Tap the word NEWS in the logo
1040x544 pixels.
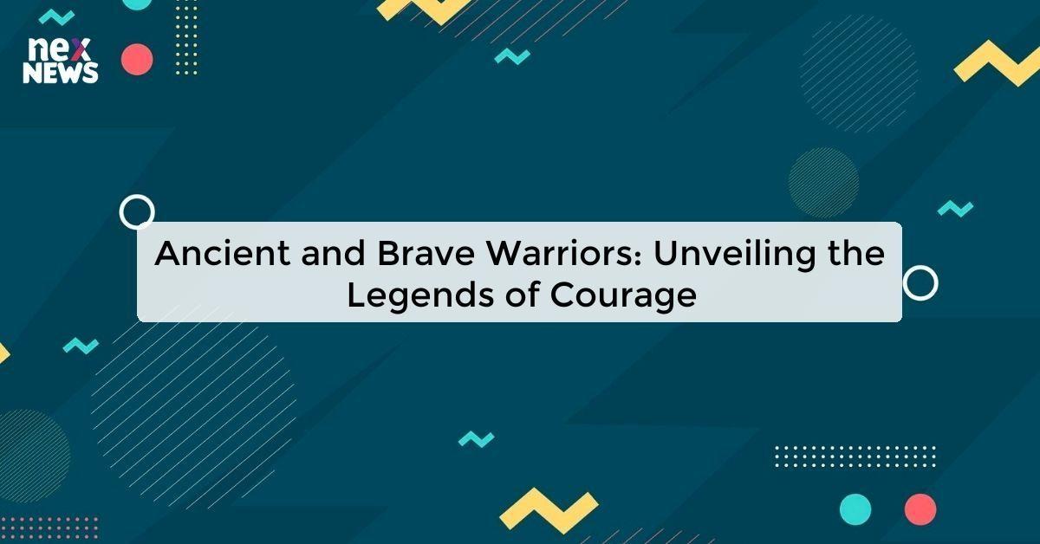tap(60, 74)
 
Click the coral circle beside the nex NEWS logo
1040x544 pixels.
tap(137, 59)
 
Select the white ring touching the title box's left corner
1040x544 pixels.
tap(137, 211)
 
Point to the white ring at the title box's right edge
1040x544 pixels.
tap(920, 282)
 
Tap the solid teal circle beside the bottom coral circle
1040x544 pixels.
tap(855, 508)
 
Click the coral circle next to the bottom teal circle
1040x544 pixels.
tap(920, 508)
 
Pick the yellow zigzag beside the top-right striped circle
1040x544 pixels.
tap(997, 62)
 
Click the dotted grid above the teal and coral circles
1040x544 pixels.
tap(855, 456)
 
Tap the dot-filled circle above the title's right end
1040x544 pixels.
tap(823, 182)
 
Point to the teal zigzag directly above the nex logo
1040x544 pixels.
tap(57, 16)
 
